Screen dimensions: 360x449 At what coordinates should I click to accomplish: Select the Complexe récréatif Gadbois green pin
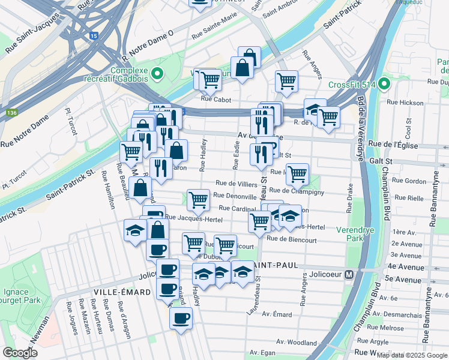[157, 74]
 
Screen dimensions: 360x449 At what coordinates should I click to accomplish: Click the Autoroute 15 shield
[93, 36]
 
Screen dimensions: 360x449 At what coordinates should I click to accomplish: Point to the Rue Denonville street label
[234, 196]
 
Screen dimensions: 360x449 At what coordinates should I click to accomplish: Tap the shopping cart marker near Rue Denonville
[197, 199]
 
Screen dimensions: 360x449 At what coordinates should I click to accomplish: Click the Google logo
[19, 353]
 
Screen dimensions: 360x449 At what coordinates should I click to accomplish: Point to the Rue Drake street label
[349, 199]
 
